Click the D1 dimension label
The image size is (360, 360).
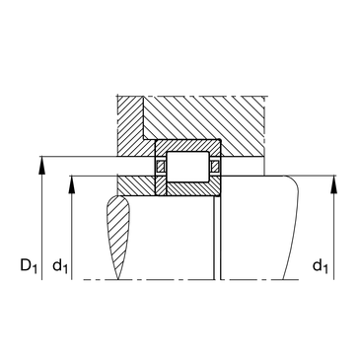29,265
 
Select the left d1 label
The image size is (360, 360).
60,265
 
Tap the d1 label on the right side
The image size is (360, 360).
321,265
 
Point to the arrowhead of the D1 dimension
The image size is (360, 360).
41,166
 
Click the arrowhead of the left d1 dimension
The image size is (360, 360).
72,184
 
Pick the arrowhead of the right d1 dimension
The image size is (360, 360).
334,184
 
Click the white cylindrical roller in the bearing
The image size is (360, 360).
187,167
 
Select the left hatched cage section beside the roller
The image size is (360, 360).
161,166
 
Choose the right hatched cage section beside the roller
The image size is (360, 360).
215,166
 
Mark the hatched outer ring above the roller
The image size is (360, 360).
187,145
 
